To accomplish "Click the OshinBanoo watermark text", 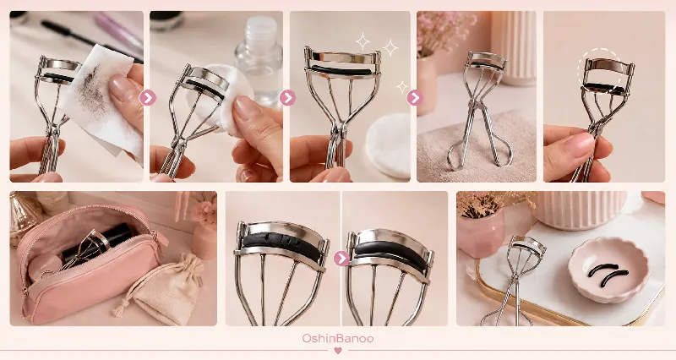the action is click(x=337, y=338).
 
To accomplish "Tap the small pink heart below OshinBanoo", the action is click(x=338, y=351).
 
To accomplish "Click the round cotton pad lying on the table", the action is click(x=389, y=145).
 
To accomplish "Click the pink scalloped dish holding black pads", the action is click(x=608, y=269).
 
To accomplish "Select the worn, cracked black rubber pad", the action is click(x=281, y=247).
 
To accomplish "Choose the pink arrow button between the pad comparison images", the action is click(x=341, y=259).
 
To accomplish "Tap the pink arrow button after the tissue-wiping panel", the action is click(x=147, y=98).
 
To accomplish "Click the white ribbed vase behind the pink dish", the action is click(x=580, y=210).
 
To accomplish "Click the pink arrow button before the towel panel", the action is click(x=414, y=98).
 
